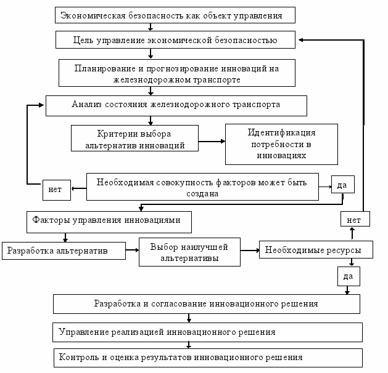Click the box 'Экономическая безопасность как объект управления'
[175, 15]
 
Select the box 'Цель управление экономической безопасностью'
[175, 40]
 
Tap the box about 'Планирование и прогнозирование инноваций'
[176, 73]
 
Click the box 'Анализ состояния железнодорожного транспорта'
[176, 106]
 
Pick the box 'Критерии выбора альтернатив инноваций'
[134, 138]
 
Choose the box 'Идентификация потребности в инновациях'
[281, 144]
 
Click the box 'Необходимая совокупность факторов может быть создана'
[202, 186]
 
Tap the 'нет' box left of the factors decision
[57, 190]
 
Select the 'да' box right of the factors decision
[343, 185]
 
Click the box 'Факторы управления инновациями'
[109, 222]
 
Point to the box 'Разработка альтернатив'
[64, 251]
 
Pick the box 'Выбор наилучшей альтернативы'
[189, 252]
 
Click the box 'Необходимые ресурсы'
[316, 249]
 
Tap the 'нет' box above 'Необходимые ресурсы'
[355, 219]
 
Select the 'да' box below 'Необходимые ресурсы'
[349, 276]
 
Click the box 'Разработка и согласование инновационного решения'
[207, 304]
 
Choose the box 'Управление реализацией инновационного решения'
[207, 332]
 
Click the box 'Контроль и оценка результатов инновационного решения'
[208, 358]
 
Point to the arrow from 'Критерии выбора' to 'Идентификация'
[212, 142]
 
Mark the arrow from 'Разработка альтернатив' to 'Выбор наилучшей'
[133, 250]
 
